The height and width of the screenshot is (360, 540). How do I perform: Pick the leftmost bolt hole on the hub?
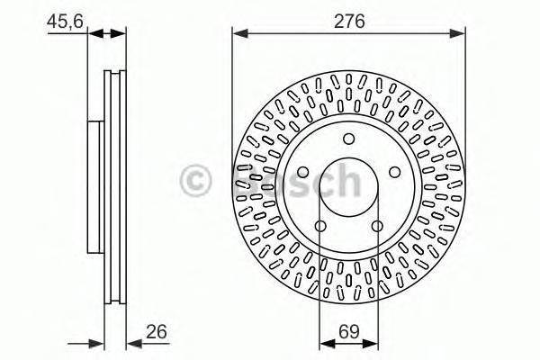coord(303,171)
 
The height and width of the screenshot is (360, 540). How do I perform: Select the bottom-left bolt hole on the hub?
coord(320,225)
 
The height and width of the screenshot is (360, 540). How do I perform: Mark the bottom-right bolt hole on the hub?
coord(378,225)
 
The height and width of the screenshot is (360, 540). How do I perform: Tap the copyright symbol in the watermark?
coord(195,180)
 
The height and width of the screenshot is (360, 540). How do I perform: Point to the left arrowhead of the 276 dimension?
coord(238,34)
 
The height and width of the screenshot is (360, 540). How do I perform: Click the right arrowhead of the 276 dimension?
coord(461,34)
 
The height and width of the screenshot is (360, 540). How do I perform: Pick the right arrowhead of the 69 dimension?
coord(373,342)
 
